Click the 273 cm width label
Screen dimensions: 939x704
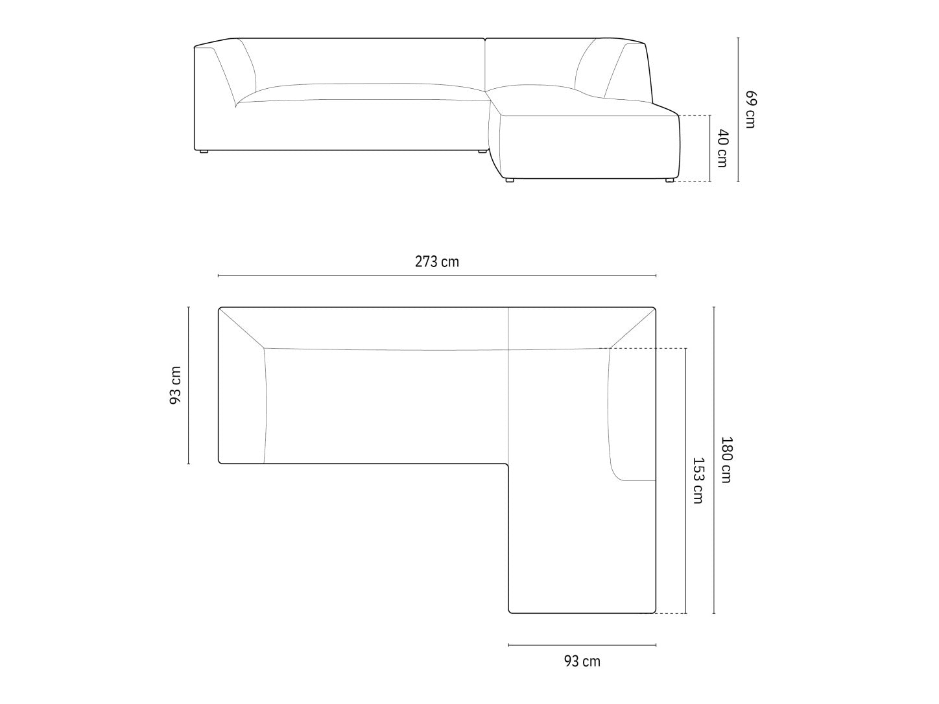tap(437, 262)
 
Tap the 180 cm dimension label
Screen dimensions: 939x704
tap(727, 460)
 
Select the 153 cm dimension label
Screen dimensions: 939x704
tap(698, 481)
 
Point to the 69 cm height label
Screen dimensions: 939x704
tap(750, 110)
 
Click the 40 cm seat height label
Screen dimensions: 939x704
tap(722, 148)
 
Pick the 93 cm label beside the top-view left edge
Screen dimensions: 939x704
tap(175, 385)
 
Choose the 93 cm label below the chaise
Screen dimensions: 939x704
tap(582, 661)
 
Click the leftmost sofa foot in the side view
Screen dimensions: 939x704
tap(203, 151)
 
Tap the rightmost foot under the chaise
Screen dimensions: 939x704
tap(669, 181)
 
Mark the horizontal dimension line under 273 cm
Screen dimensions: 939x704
tap(437, 276)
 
